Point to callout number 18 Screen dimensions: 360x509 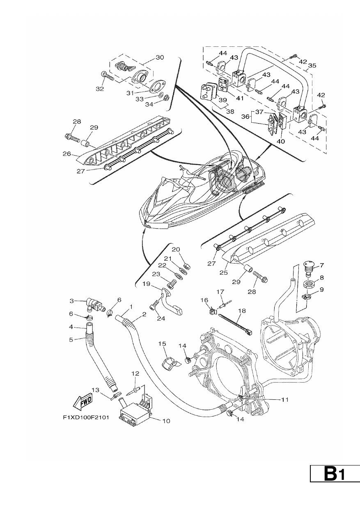coord(242,310)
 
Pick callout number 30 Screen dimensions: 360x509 coord(160,57)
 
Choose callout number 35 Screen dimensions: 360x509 coord(312,65)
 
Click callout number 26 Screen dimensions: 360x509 coord(67,154)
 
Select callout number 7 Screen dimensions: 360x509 coord(322,265)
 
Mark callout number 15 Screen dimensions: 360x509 coord(162,344)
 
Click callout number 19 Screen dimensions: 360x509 coord(147,284)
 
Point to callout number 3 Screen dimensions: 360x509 coord(72,301)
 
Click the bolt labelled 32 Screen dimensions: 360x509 coord(107,77)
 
